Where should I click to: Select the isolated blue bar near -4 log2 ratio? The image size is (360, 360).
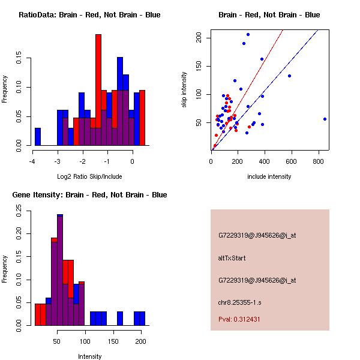coord(38,137)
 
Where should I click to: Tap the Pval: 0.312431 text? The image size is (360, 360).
coord(239,319)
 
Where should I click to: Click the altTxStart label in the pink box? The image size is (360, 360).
coord(232,258)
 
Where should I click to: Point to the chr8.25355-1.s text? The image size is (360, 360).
coord(239,302)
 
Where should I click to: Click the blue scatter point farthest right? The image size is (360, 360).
coord(325,119)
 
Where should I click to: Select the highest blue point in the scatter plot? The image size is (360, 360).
coord(248,35)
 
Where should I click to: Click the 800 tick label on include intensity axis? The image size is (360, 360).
coord(318,161)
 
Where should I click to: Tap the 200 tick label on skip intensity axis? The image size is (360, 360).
coord(199,37)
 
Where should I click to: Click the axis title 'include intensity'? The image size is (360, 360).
coord(269,176)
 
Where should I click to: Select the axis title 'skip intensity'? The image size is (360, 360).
coord(184,90)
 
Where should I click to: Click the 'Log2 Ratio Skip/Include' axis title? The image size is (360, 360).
coord(89,176)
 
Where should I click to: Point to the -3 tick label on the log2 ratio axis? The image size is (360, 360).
coord(58,161)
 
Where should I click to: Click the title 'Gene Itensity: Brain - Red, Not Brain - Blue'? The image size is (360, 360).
coord(89,194)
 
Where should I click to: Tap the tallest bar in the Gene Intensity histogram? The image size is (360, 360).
coord(60,270)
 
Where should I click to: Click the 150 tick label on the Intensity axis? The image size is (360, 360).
coord(113,341)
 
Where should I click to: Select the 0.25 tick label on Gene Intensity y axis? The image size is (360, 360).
coord(19,211)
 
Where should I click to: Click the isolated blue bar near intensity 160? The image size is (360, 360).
coord(120,319)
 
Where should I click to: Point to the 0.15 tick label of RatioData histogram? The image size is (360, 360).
coord(19,58)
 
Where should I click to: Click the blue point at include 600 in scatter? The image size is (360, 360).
coord(290,76)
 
